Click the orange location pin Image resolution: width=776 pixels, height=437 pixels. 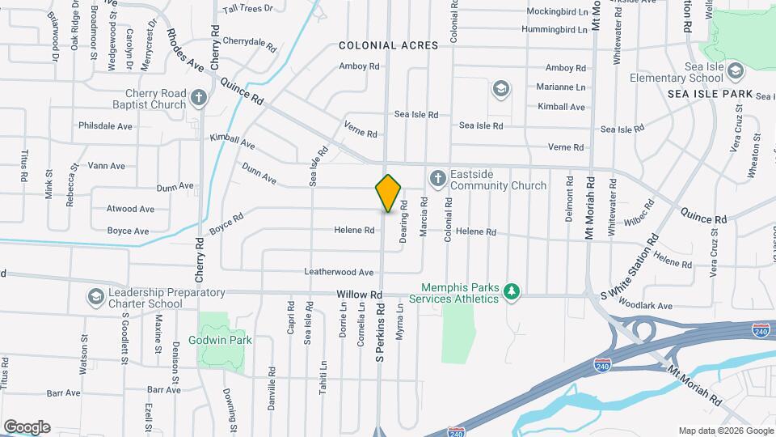pyautogui.click(x=388, y=193)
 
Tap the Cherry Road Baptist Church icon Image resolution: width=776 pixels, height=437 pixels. pyautogui.click(x=200, y=100)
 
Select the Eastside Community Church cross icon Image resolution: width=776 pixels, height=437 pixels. pyautogui.click(x=437, y=177)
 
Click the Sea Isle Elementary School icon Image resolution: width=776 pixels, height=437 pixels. pyautogui.click(x=735, y=72)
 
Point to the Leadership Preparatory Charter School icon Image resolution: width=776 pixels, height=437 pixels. pyautogui.click(x=96, y=297)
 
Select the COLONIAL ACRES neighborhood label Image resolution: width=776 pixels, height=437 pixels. pyautogui.click(x=388, y=46)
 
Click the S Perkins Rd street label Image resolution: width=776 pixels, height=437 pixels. pyautogui.click(x=379, y=332)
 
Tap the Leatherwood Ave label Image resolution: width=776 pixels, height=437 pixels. pyautogui.click(x=339, y=273)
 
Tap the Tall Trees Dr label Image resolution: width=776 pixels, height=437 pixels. pyautogui.click(x=248, y=8)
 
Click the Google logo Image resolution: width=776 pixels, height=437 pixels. pyautogui.click(x=27, y=426)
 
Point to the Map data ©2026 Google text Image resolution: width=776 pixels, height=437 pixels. pyautogui.click(x=725, y=431)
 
